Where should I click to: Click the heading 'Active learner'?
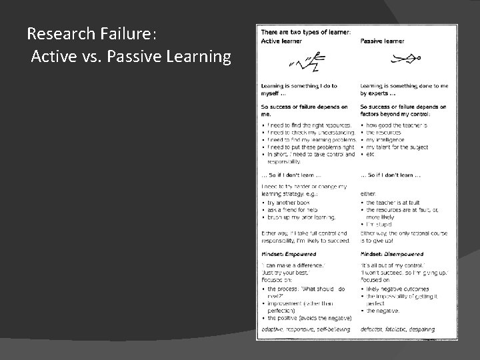tap(281, 41)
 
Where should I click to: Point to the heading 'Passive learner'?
tap(382, 41)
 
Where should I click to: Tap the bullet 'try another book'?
tap(291, 201)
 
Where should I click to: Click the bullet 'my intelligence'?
tap(389, 140)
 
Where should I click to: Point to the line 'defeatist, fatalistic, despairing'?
tap(397, 329)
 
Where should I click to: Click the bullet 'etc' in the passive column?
tap(371, 154)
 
